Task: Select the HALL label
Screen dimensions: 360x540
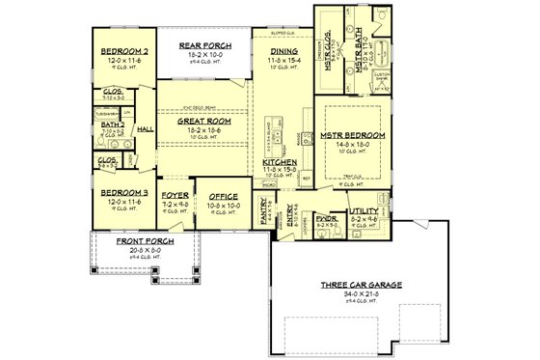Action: (146, 127)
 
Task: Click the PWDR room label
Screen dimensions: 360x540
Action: (326, 218)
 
